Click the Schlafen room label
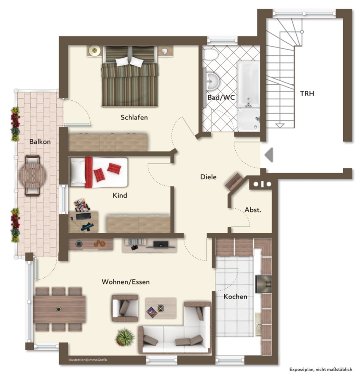[134, 117]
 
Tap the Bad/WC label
[221, 97]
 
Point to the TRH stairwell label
[307, 94]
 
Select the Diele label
[208, 177]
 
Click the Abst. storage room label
[253, 210]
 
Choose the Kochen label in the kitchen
[235, 296]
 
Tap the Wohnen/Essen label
[126, 282]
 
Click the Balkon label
[40, 142]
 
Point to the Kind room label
[120, 195]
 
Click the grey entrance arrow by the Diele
[269, 155]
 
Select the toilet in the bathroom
[210, 54]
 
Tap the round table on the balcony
[32, 175]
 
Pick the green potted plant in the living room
[125, 337]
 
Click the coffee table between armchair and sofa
[161, 308]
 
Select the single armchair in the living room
[125, 308]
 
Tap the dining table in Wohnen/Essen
[59, 309]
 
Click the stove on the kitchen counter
[264, 284]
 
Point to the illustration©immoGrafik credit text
[88, 360]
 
